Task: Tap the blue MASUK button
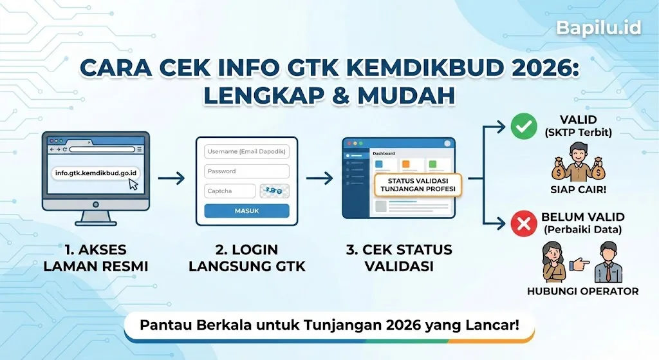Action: pyautogui.click(x=246, y=211)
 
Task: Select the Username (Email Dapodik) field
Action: pyautogui.click(x=246, y=152)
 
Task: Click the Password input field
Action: pyautogui.click(x=246, y=171)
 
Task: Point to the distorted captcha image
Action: pyautogui.click(x=274, y=191)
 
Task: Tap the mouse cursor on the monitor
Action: pyautogui.click(x=133, y=184)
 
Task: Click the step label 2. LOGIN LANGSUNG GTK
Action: pyautogui.click(x=246, y=258)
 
